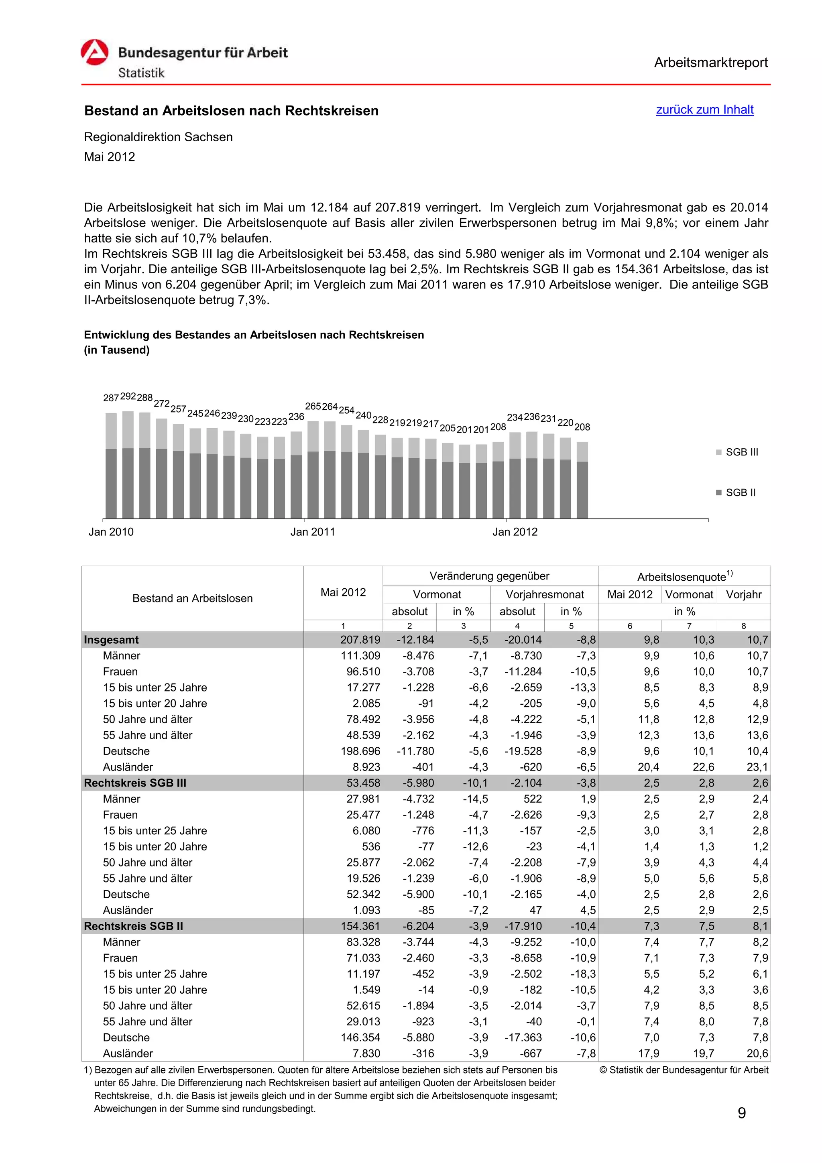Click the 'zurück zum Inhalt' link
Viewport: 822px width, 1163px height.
pos(704,110)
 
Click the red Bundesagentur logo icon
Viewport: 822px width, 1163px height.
pos(95,53)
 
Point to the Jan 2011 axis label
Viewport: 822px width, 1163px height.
pos(313,532)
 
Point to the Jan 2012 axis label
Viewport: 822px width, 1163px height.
pos(515,532)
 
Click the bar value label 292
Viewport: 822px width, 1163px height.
pos(128,396)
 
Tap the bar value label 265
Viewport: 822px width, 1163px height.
pos(313,406)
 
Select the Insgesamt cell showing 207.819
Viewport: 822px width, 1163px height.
pos(360,640)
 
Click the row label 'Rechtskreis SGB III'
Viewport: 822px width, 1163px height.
pos(135,783)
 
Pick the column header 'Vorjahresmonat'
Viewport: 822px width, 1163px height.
pos(545,594)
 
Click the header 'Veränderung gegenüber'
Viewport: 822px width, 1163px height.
pos(489,576)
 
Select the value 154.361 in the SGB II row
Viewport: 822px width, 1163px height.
pos(360,926)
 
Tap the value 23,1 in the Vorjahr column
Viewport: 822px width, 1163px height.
pos(757,767)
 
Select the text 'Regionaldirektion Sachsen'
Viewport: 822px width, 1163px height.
pos(159,137)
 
